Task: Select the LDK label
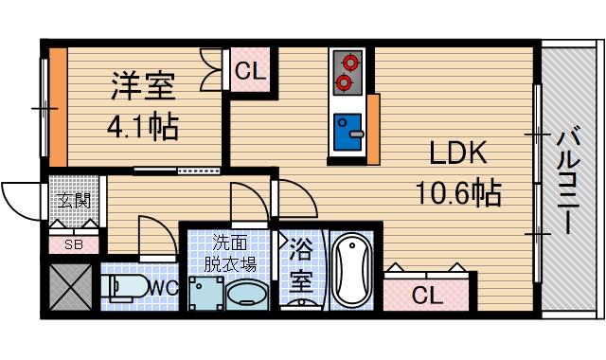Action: pyautogui.click(x=458, y=154)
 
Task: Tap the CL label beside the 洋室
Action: pyautogui.click(x=250, y=72)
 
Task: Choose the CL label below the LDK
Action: pyautogui.click(x=427, y=296)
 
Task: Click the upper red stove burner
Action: pyautogui.click(x=349, y=63)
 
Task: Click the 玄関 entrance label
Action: pyautogui.click(x=72, y=201)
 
